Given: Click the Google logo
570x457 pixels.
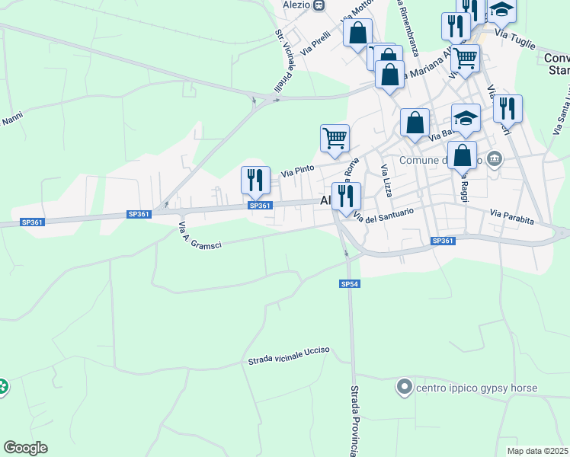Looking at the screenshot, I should pyautogui.click(x=25, y=448).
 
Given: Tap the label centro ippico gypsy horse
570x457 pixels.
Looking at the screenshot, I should pyautogui.click(x=476, y=388).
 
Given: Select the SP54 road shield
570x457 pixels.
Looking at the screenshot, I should pyautogui.click(x=349, y=284).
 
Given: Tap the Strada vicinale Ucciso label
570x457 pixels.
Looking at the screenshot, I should pyautogui.click(x=288, y=355).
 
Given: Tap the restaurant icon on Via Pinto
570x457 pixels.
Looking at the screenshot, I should pyautogui.click(x=255, y=180).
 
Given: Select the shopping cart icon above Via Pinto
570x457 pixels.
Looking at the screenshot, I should pyautogui.click(x=335, y=138).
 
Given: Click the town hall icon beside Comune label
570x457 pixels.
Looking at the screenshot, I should pyautogui.click(x=495, y=159).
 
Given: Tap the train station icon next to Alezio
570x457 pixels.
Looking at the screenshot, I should pyautogui.click(x=319, y=5).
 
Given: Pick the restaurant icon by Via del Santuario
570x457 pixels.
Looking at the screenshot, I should pyautogui.click(x=346, y=195).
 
